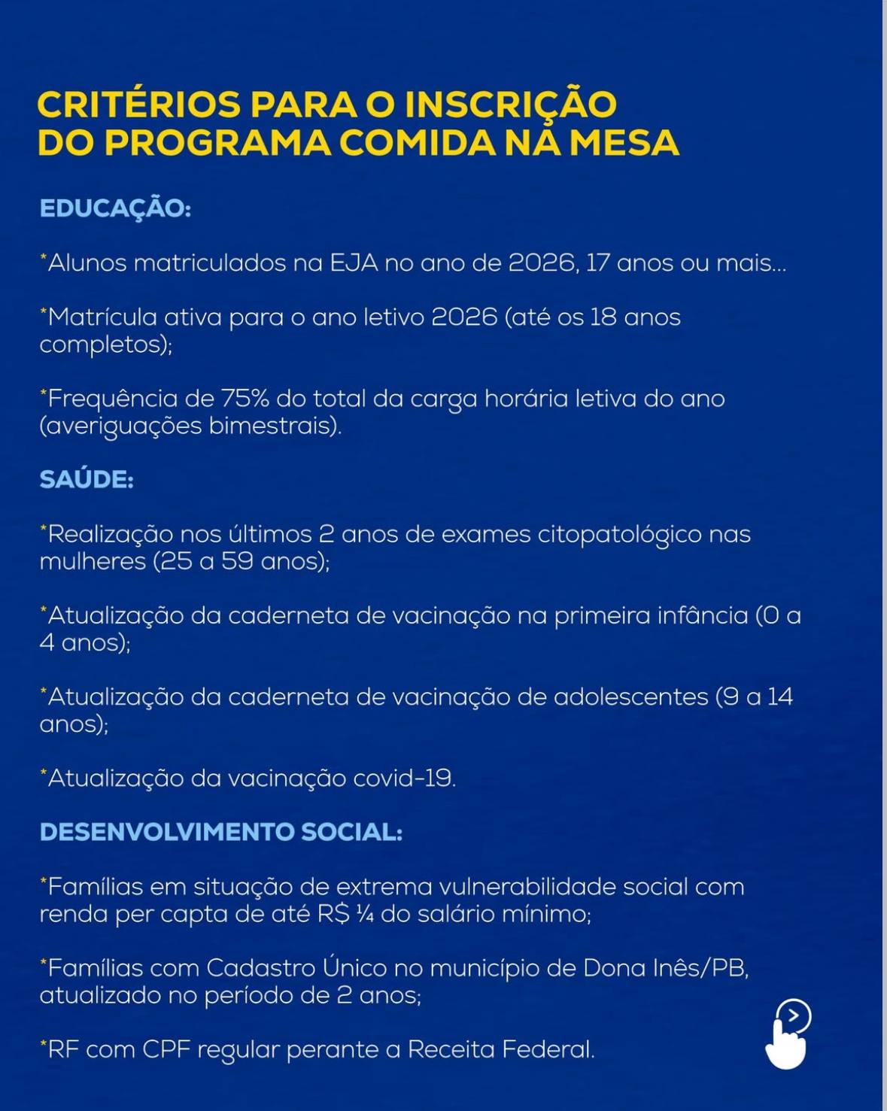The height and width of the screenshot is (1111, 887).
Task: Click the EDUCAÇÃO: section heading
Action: click(115, 208)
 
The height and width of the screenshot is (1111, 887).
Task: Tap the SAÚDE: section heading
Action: click(87, 479)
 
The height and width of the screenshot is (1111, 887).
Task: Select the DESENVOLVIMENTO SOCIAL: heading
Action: click(220, 832)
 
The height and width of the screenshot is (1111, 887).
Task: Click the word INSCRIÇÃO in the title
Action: click(511, 105)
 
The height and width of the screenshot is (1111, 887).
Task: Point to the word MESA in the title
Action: click(624, 143)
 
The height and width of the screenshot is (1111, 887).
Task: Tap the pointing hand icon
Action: click(787, 1036)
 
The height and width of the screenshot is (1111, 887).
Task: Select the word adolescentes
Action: click(630, 697)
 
